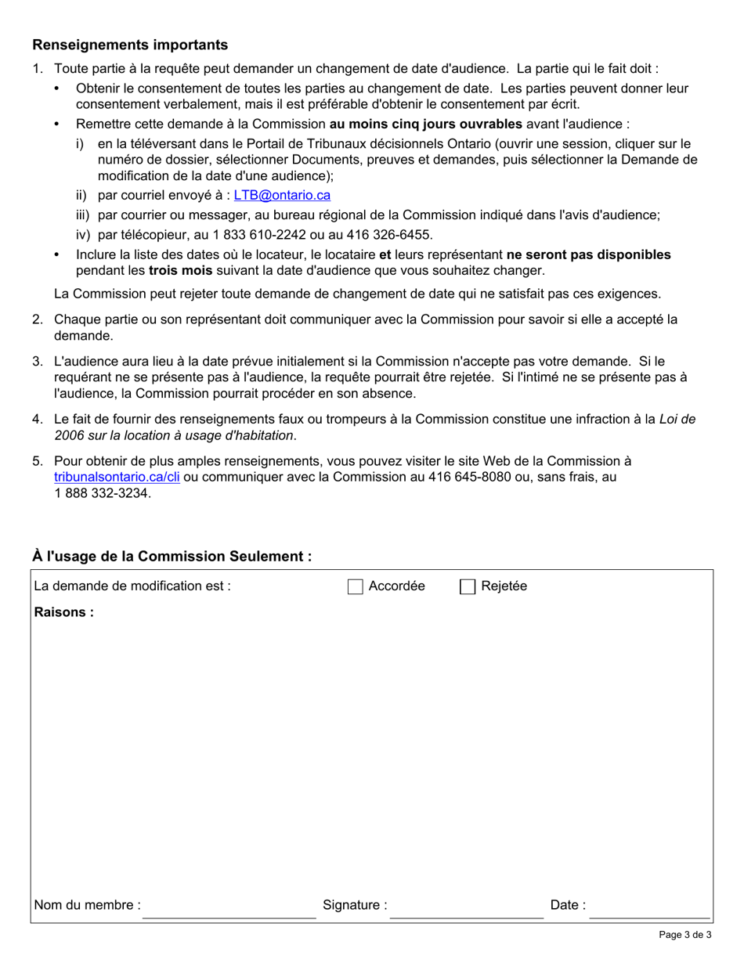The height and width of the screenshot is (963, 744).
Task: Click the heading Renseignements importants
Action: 130,45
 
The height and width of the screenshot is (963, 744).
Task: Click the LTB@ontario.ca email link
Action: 282,196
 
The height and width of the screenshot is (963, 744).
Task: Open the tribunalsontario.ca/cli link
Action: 117,476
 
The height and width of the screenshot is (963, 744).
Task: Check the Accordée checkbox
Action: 356,586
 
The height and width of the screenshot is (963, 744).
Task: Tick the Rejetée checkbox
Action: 468,586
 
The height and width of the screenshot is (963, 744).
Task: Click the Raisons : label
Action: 63,612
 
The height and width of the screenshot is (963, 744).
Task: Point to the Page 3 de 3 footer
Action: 684,934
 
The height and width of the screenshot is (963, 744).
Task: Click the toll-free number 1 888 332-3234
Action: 101,493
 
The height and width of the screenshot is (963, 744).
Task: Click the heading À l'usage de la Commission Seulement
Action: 172,557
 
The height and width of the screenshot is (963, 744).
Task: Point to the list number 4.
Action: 37,419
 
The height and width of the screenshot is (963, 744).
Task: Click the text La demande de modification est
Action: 132,586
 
